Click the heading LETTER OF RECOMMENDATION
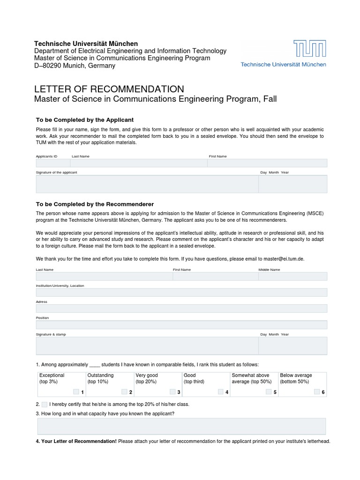109,89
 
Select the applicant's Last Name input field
138,163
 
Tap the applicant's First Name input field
267,163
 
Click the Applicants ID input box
53,163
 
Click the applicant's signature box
147,184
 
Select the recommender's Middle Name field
292,276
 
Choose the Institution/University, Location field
181,292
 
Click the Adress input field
181,308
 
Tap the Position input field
181,324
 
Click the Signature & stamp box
147,346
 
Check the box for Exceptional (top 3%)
76,391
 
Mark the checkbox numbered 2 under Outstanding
124,391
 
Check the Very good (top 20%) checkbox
172,391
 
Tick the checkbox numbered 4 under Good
220,391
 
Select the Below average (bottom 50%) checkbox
317,391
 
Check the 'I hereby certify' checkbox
44,404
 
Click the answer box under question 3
181,426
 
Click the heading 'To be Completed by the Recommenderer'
95,204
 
